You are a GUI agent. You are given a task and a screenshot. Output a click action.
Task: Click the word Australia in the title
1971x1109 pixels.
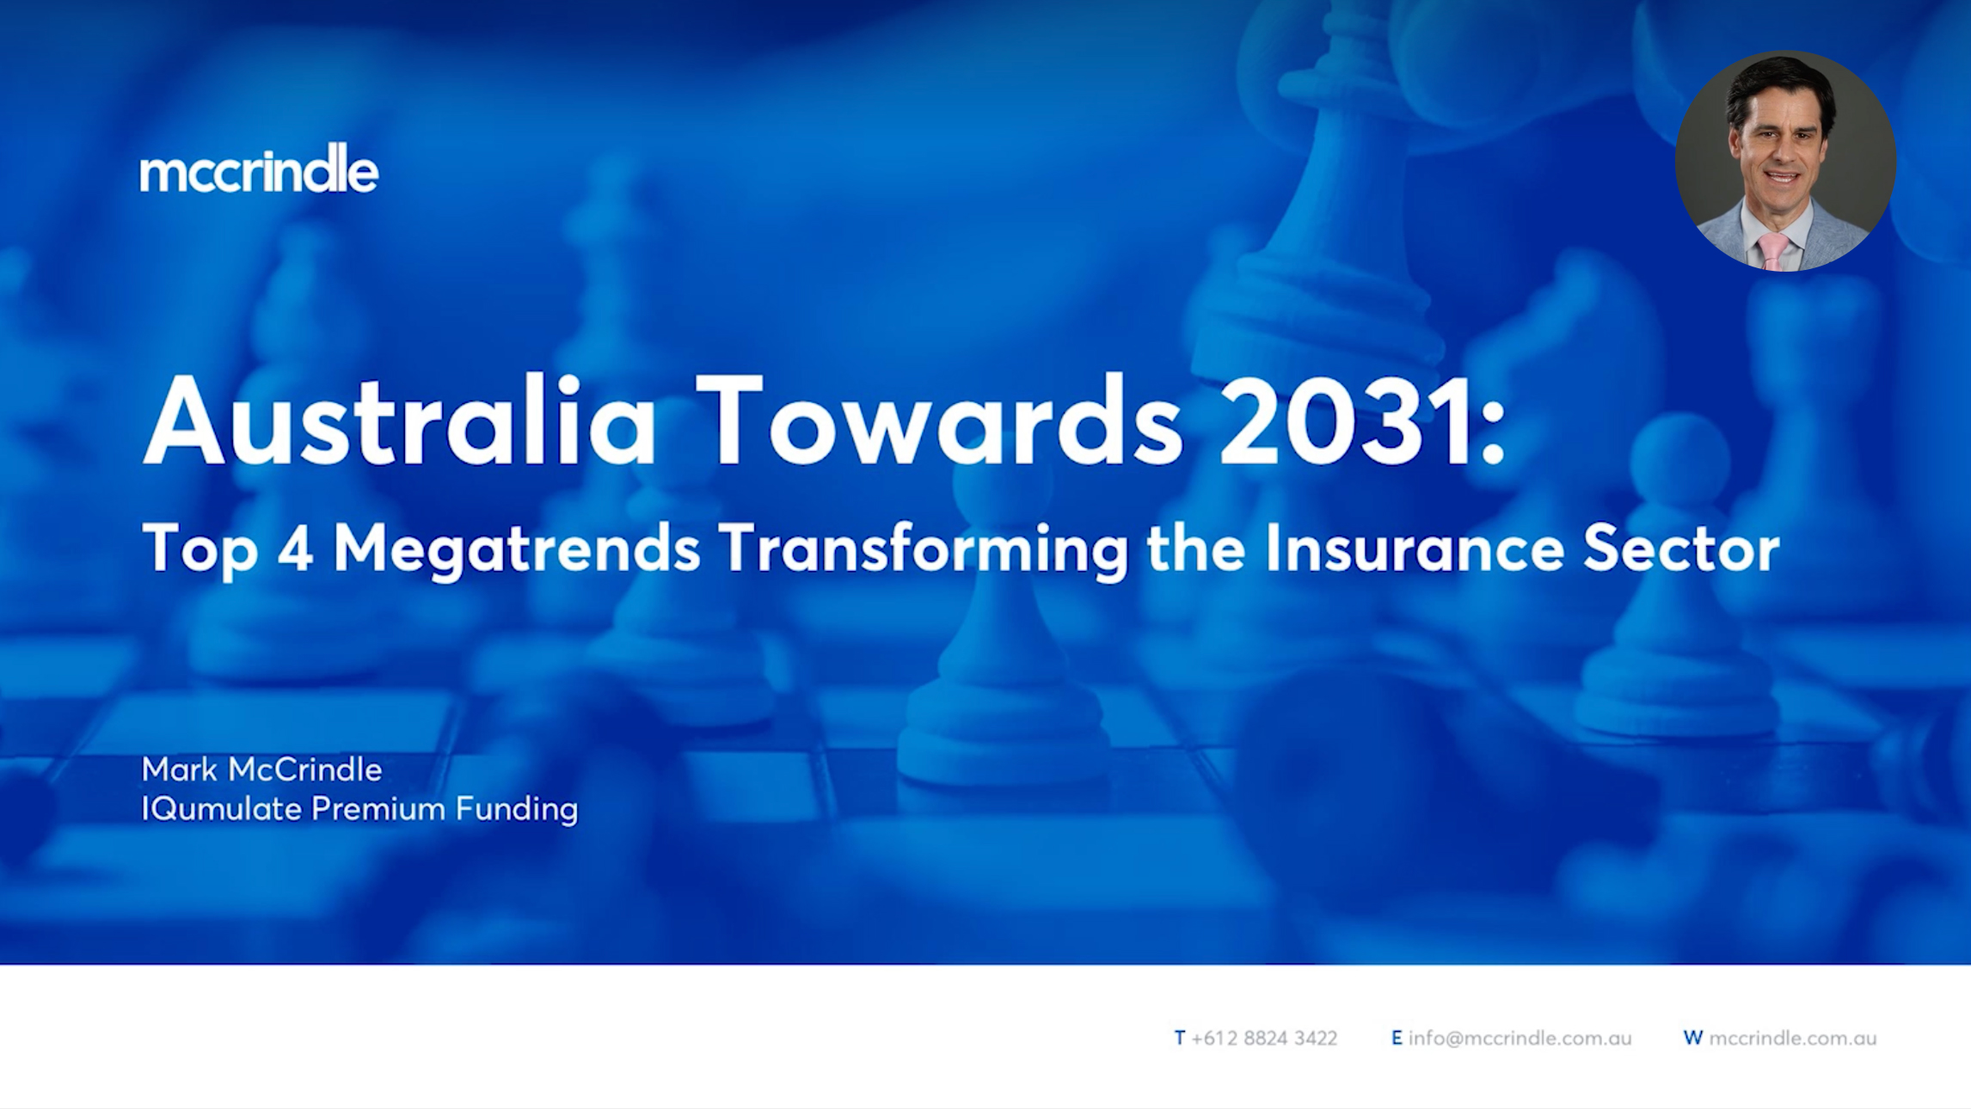401,421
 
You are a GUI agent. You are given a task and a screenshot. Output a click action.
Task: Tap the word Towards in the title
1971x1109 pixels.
940,421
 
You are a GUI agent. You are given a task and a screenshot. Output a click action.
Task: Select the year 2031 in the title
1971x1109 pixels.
1348,421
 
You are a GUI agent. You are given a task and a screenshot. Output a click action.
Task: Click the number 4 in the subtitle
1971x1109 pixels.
295,548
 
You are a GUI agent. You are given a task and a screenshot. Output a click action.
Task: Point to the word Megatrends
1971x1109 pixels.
517,550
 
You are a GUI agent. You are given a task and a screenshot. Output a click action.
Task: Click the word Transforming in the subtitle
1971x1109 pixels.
924,550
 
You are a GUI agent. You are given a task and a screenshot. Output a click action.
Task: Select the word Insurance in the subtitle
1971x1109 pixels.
1415,548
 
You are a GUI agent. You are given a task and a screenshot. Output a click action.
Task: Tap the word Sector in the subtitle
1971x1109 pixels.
1681,548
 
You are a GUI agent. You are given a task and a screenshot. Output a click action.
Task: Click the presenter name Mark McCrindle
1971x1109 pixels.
261,769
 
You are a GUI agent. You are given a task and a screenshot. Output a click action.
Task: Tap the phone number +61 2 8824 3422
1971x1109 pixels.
1264,1038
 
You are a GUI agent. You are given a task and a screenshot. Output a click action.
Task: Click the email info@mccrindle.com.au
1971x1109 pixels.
1520,1038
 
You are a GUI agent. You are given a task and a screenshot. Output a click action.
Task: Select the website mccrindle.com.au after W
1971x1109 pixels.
1792,1038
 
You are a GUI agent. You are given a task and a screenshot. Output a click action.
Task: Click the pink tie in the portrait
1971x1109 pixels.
1772,250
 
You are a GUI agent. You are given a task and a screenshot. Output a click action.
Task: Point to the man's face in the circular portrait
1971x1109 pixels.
1780,146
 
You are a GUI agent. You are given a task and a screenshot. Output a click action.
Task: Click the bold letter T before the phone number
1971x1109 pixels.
1180,1038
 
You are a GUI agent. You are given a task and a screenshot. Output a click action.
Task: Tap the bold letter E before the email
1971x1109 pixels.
1397,1038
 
